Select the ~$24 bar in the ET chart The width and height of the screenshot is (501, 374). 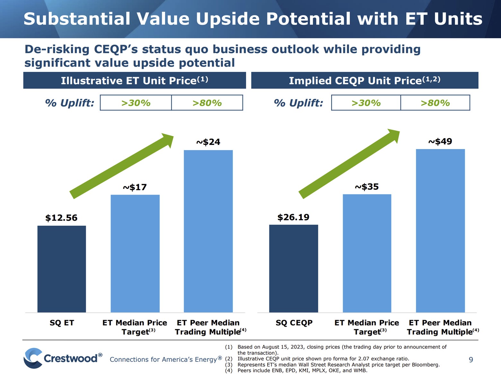(208, 231)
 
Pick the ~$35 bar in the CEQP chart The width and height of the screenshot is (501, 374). (367, 253)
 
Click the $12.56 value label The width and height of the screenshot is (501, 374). (61, 218)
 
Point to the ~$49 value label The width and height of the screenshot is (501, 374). (440, 141)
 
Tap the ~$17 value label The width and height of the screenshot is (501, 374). (135, 187)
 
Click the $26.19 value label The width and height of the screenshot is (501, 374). (293, 217)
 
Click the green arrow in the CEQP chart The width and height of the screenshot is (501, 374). (349, 163)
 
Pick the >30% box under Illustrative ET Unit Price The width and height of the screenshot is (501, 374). (136, 103)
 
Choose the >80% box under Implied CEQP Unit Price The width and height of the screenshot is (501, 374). (435, 103)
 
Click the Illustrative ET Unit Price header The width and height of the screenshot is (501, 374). (135, 80)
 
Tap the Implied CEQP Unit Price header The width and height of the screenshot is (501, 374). (365, 80)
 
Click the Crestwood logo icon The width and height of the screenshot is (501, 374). (33, 358)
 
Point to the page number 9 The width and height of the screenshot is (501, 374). (471, 360)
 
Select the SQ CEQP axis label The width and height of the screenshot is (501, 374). (294, 323)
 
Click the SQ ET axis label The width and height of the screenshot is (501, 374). (62, 323)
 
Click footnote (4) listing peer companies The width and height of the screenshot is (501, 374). (302, 370)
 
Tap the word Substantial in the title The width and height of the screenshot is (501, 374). (77, 19)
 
